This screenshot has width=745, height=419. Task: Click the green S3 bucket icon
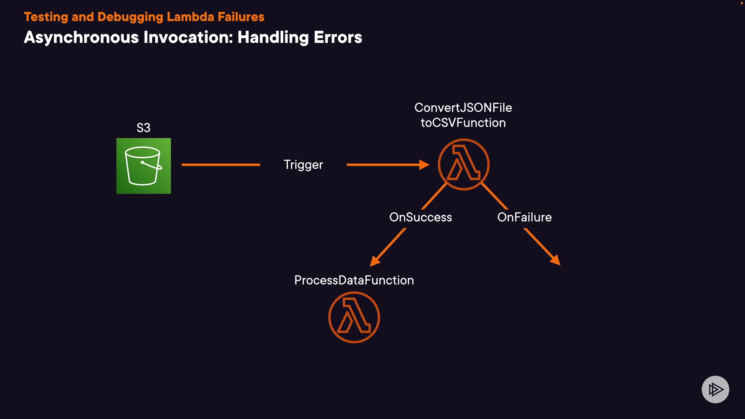tap(144, 166)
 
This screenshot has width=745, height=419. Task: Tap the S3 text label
tap(144, 128)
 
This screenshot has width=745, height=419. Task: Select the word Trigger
tap(303, 165)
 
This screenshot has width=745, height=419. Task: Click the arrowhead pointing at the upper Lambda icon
tap(424, 165)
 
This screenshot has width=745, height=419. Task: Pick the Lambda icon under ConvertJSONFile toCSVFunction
tap(463, 164)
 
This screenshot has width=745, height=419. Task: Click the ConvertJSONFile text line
tap(463, 107)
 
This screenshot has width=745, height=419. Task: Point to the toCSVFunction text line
tap(463, 123)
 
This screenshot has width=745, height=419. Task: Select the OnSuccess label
tap(420, 217)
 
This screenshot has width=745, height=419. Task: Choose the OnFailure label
tap(524, 217)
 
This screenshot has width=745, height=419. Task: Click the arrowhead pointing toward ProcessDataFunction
tap(374, 261)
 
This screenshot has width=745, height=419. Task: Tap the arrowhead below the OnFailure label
tap(556, 260)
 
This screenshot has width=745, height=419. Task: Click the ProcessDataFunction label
tap(354, 280)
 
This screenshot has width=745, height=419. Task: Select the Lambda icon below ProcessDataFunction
tap(354, 317)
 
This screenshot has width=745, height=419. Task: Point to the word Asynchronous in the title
tap(81, 38)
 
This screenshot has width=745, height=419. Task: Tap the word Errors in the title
tap(338, 38)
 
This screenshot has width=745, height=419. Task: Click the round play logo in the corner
tap(715, 389)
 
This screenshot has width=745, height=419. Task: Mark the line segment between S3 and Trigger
tap(221, 165)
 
